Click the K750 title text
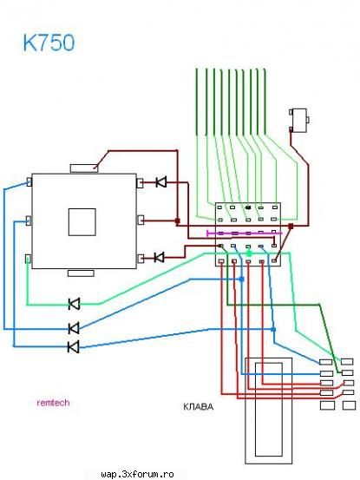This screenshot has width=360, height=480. click(49, 43)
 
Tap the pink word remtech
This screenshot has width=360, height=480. click(53, 403)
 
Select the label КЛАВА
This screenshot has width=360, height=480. click(198, 406)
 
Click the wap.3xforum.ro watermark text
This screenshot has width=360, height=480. click(137, 475)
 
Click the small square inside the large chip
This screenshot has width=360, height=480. click(82, 222)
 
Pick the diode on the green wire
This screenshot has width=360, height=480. click(75, 304)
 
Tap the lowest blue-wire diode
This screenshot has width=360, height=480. click(74, 347)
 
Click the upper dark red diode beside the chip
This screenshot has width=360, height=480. click(160, 182)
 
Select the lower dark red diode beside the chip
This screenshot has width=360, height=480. click(159, 257)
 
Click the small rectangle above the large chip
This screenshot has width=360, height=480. click(84, 168)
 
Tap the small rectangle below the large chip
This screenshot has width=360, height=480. click(81, 273)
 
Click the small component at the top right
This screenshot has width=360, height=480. click(298, 121)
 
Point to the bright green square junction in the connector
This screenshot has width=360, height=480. click(249, 253)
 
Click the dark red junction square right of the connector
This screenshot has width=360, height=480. click(291, 227)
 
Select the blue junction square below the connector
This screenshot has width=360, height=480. click(242, 279)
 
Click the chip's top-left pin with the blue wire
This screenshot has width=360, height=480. click(29, 181)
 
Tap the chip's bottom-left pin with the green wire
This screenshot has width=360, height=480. click(28, 259)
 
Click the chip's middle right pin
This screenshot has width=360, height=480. click(140, 220)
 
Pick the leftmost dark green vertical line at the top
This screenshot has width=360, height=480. click(197, 102)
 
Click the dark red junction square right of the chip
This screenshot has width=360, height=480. click(178, 220)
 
